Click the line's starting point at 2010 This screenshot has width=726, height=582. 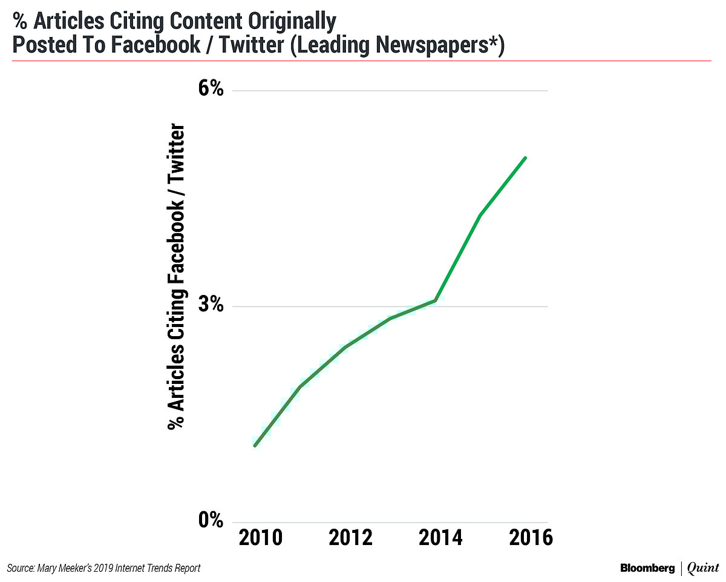pyautogui.click(x=255, y=446)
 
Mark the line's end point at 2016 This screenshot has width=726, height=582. pyautogui.click(x=526, y=158)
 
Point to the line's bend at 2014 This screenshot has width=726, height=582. pyautogui.click(x=436, y=300)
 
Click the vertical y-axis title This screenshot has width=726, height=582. pyautogui.click(x=176, y=276)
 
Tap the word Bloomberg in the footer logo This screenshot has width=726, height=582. pyautogui.click(x=647, y=568)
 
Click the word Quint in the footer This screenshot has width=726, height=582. pyautogui.click(x=702, y=568)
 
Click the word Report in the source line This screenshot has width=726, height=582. pyautogui.click(x=187, y=568)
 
